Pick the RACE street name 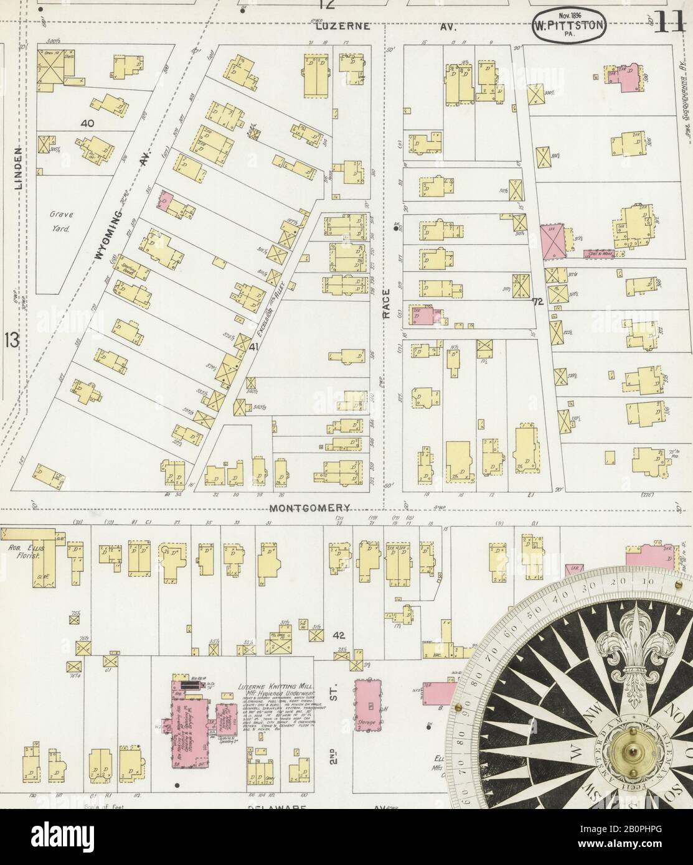(x=387, y=304)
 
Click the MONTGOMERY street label (x=311, y=508)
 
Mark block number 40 (x=87, y=124)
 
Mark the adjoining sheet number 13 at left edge (x=12, y=340)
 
